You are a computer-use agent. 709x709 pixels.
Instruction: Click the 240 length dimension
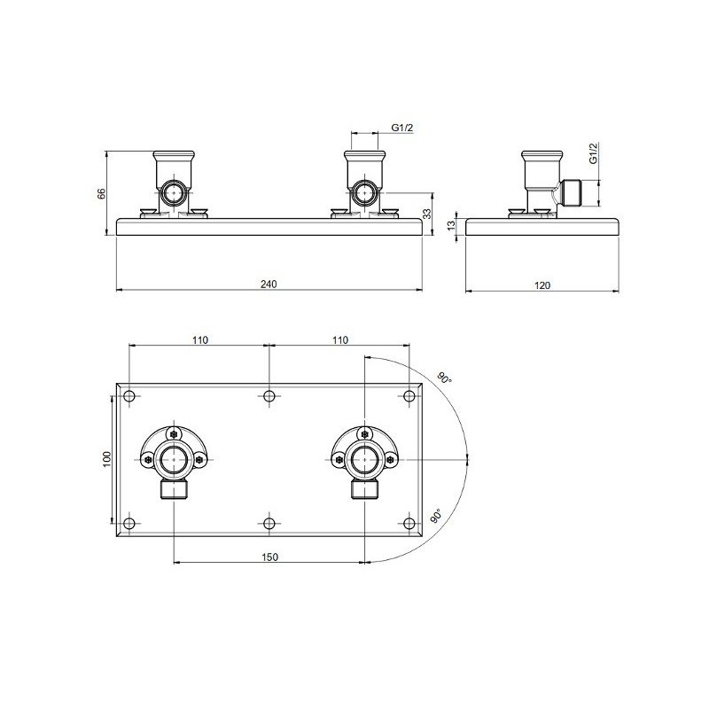(269, 284)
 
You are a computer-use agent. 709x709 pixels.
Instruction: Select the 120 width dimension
(542, 285)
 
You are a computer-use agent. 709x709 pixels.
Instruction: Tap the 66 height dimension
(102, 193)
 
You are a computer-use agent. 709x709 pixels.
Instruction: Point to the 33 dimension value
(427, 214)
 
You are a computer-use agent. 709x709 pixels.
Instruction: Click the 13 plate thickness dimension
(451, 226)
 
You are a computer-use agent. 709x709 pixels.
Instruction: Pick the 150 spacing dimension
(269, 557)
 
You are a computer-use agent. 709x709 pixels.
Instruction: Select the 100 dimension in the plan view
(106, 459)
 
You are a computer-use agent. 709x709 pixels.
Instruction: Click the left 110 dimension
(200, 339)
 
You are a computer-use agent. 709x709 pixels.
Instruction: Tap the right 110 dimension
(340, 339)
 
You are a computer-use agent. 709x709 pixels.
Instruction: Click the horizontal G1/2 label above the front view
(402, 128)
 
